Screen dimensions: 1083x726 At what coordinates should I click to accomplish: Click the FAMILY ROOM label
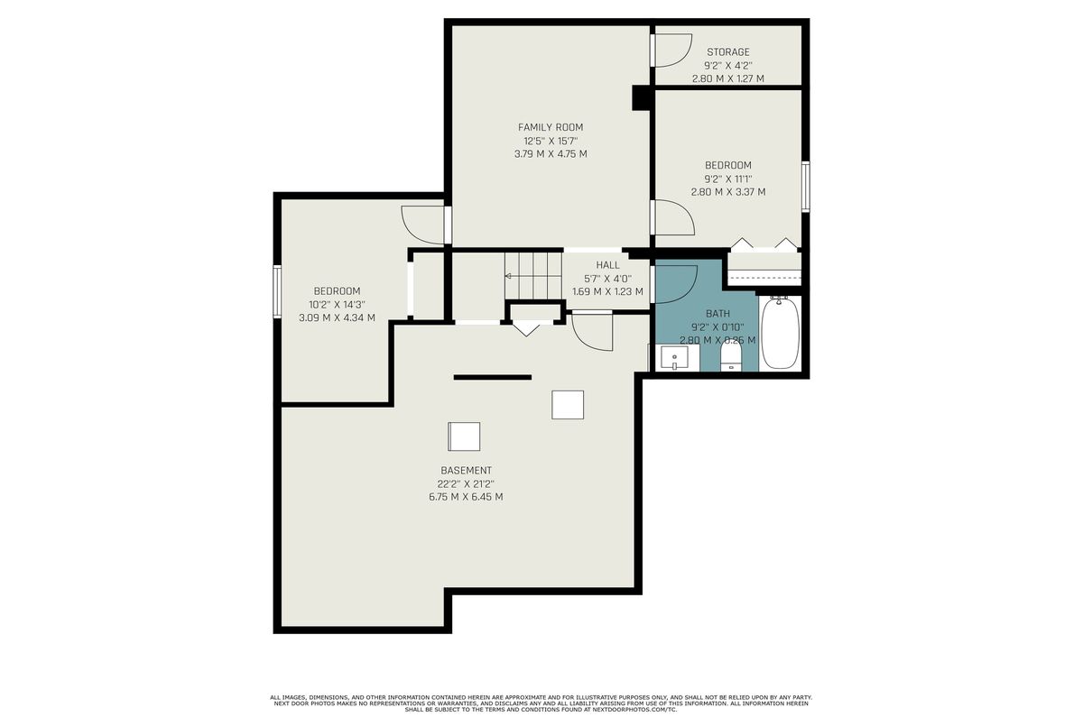pos(551,127)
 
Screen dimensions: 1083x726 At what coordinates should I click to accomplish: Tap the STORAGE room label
pos(728,52)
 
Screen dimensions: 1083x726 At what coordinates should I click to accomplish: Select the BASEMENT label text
pos(466,471)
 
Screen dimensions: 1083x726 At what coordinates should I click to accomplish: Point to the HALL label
pos(607,265)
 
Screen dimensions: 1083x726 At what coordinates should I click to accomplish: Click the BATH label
pos(718,314)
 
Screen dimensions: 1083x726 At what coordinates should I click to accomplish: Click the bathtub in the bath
pos(781,333)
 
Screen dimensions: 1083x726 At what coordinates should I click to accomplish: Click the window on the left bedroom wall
pos(277,291)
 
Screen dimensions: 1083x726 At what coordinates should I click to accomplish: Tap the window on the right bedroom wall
pos(805,187)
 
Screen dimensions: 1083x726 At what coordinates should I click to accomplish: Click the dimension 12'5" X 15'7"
pos(551,142)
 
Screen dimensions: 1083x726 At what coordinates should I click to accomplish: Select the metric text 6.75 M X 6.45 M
pos(466,497)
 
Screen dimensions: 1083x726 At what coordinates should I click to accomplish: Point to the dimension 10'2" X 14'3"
pos(337,305)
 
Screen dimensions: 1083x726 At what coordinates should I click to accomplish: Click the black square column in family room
pos(641,98)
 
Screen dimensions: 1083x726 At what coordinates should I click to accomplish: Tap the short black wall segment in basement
pos(493,377)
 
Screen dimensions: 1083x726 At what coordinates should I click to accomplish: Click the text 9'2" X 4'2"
pos(728,65)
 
